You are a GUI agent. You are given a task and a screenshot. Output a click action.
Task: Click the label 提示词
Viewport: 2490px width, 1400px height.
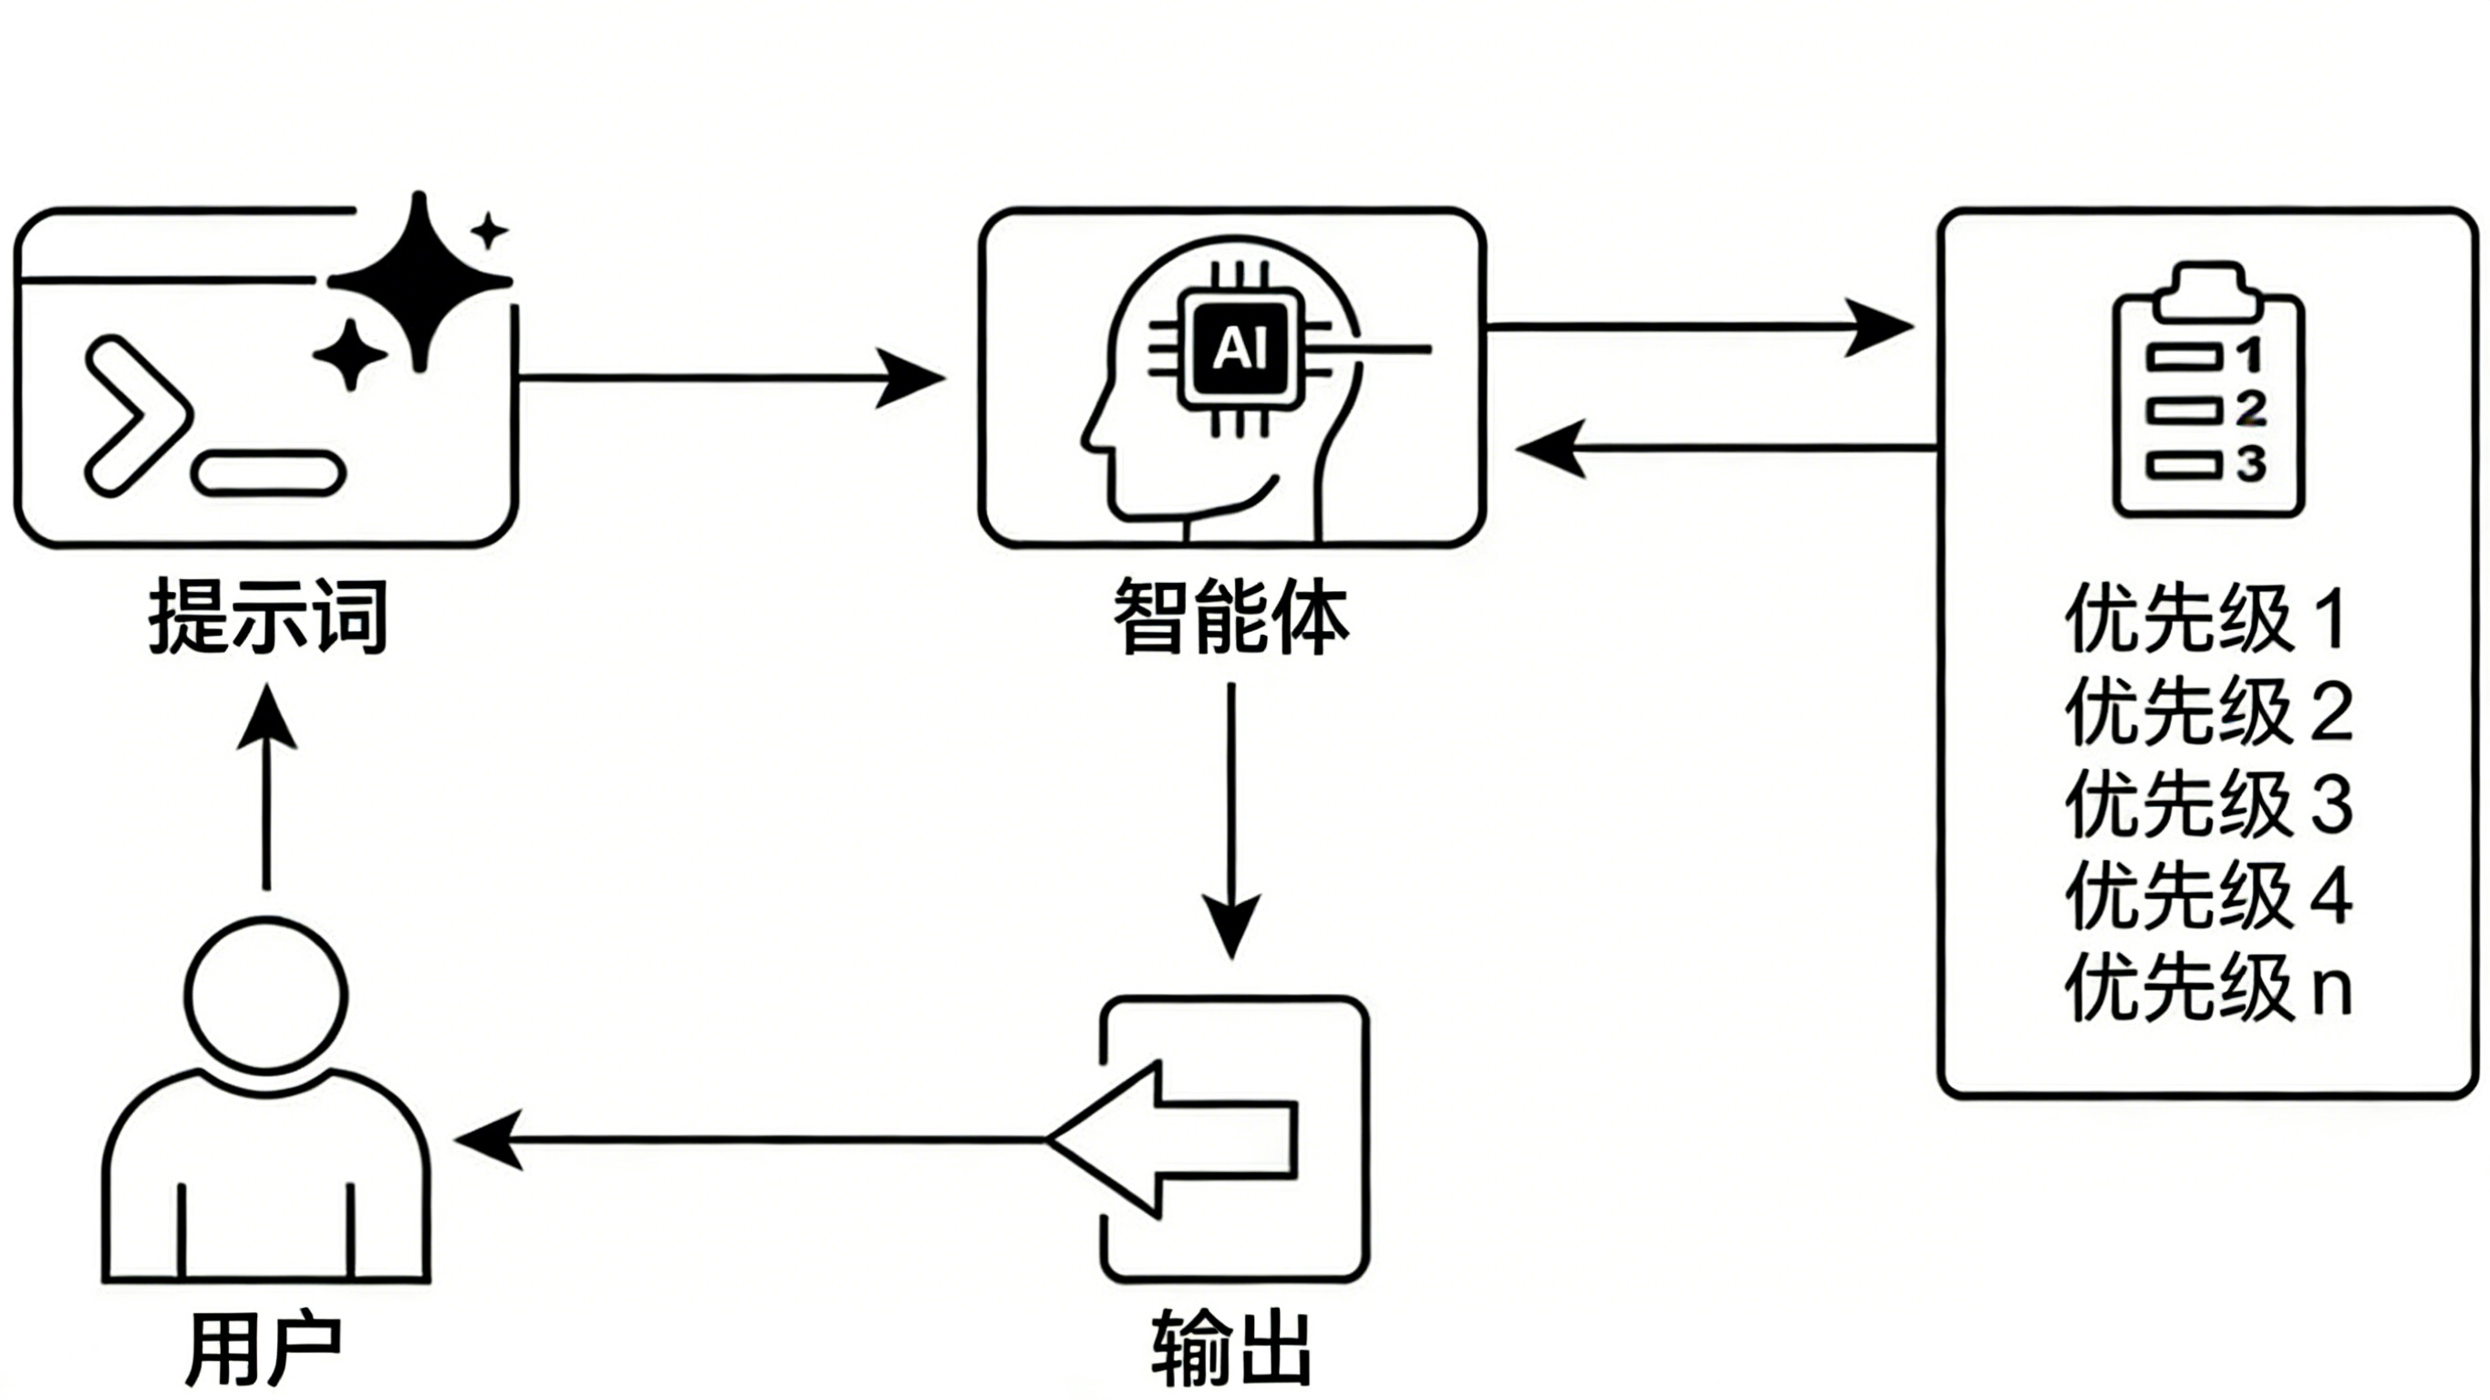pyautogui.click(x=268, y=617)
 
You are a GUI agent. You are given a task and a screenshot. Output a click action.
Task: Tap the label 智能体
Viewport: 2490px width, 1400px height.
pyautogui.click(x=1230, y=616)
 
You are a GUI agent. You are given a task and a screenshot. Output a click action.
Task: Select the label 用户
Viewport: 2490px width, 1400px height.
pyautogui.click(x=263, y=1348)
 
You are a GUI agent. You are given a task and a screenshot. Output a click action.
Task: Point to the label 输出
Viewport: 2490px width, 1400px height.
pyautogui.click(x=1231, y=1348)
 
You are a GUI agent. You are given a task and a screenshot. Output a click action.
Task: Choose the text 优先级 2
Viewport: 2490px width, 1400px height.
pyautogui.click(x=2209, y=711)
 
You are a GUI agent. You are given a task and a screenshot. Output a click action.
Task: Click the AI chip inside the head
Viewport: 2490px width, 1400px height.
pyautogui.click(x=1240, y=349)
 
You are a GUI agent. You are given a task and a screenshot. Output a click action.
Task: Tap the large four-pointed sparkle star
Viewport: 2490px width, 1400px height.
pyautogui.click(x=420, y=281)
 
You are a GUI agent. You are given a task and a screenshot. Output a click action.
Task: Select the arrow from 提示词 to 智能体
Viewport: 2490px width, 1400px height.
pyautogui.click(x=731, y=378)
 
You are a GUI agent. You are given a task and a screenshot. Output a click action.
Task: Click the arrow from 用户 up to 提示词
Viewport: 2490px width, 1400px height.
pyautogui.click(x=266, y=786)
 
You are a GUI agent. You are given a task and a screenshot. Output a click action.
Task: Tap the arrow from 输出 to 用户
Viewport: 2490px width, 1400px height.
pyautogui.click(x=750, y=1140)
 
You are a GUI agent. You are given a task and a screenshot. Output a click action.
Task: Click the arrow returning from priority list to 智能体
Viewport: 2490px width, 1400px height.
pyautogui.click(x=1727, y=449)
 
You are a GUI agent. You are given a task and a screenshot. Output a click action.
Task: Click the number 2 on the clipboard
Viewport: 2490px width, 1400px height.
pyautogui.click(x=2251, y=409)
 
